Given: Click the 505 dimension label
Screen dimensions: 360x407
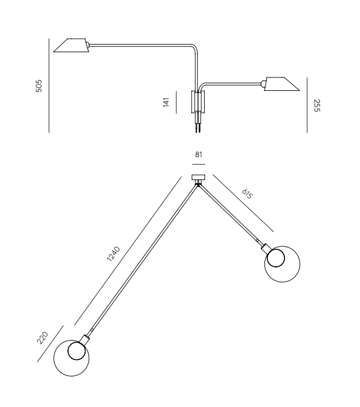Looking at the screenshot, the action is click(39, 86).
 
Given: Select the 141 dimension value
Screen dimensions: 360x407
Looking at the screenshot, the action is click(166, 102).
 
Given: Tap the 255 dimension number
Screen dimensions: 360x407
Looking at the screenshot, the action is click(317, 106).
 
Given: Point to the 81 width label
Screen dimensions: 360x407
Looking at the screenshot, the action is click(199, 155).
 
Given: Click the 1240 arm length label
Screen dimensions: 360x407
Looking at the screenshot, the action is click(114, 253).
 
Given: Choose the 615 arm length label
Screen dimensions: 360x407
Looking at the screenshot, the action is click(247, 194).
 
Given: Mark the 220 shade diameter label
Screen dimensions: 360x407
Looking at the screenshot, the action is click(42, 338).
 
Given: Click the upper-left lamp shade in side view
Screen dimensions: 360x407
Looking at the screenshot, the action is click(71, 45).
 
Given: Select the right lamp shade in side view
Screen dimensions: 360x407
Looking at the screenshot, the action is click(281, 84).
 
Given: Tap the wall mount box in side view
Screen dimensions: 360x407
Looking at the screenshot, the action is click(198, 102).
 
